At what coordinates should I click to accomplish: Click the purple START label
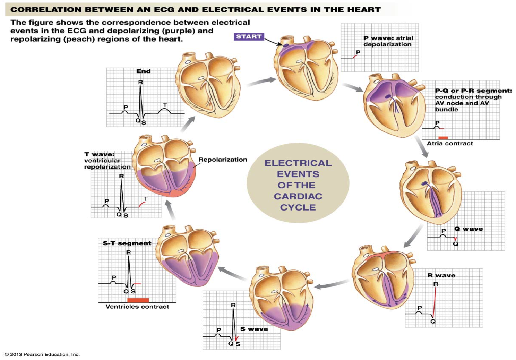[249, 37]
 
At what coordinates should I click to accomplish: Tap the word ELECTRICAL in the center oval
[298, 163]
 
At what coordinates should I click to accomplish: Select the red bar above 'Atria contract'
[443, 138]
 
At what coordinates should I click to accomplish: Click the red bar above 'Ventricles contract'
[138, 300]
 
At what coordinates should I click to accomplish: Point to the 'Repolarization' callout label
[223, 160]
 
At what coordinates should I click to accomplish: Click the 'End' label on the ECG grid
[143, 71]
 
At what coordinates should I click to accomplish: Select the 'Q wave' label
[468, 229]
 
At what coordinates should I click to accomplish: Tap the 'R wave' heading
[441, 275]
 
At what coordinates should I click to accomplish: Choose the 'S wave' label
[254, 329]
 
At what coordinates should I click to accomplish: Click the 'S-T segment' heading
[127, 243]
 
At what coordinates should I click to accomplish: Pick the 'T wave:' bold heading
[99, 154]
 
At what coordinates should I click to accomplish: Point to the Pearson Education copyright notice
[42, 354]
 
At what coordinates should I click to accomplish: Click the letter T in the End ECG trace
[165, 105]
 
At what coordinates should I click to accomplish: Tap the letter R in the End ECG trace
[140, 82]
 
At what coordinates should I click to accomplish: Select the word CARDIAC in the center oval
[298, 196]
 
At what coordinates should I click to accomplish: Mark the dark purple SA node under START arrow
[286, 45]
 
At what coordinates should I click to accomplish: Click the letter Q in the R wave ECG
[433, 321]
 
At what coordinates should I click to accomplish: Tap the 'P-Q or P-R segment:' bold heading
[474, 91]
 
